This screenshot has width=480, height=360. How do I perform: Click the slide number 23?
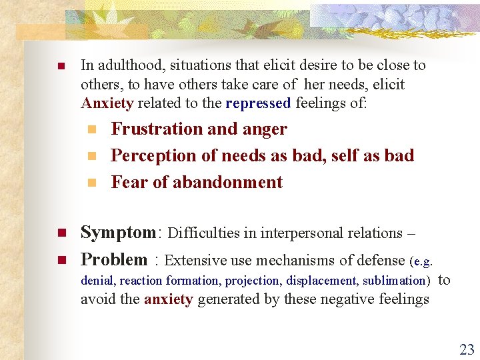click(x=466, y=349)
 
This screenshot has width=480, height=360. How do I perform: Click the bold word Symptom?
click(x=117, y=233)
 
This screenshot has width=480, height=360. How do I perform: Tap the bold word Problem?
click(x=114, y=259)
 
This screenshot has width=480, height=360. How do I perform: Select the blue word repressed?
click(x=258, y=103)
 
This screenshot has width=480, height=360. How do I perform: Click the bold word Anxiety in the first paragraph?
click(x=107, y=103)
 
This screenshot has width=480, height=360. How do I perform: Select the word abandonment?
click(x=227, y=182)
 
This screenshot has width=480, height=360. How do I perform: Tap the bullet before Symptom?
click(x=59, y=233)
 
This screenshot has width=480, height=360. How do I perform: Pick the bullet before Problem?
click(x=59, y=260)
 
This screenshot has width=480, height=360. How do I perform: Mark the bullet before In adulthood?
click(x=59, y=66)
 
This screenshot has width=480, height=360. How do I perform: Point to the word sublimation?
click(x=394, y=281)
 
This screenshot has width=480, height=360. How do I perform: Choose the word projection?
click(x=253, y=281)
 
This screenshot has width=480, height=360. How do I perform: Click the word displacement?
click(x=323, y=281)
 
